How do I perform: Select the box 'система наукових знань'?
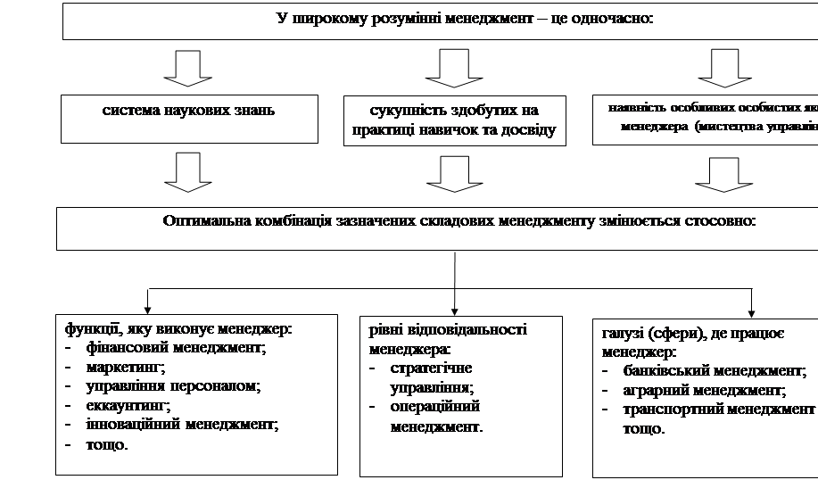(189, 112)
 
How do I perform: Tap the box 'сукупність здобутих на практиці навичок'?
(455, 120)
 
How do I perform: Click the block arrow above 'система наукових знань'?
(189, 68)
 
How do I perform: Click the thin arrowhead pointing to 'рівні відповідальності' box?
(456, 310)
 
